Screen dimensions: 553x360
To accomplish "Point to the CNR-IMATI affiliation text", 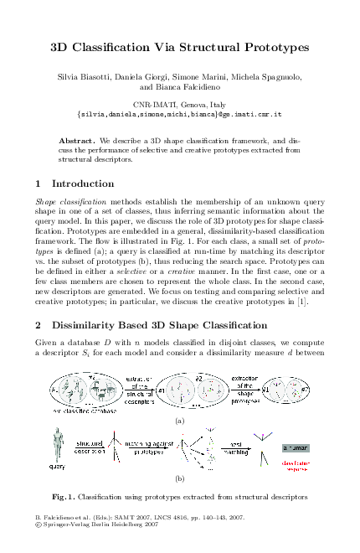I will [179, 101].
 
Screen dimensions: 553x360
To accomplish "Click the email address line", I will [179, 111].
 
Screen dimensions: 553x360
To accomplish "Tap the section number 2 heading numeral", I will [39, 323].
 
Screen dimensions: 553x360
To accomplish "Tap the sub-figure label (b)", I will [179, 480].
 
